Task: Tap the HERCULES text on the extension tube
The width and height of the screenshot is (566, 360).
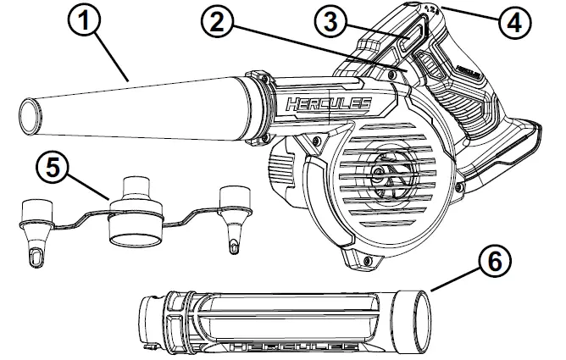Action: pyautogui.click(x=280, y=346)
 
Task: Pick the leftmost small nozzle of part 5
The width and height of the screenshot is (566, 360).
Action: pyautogui.click(x=36, y=229)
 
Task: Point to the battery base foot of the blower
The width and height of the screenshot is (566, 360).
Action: pyautogui.click(x=508, y=157)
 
